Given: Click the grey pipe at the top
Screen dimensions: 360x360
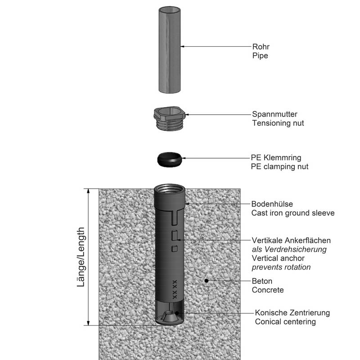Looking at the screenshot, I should [169, 49].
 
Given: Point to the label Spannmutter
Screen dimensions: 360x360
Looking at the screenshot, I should [274, 114].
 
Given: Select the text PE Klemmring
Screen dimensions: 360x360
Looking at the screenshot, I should [276, 157].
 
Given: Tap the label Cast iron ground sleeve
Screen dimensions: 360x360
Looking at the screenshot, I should [293, 213].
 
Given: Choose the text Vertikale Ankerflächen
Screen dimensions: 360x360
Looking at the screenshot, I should [291, 240].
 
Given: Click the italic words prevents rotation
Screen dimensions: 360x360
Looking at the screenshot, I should [281, 267].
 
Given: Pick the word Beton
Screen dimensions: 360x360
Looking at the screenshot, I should [262, 281].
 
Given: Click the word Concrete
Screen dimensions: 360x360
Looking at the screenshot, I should [268, 290].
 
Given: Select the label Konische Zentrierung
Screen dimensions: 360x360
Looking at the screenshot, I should [292, 313].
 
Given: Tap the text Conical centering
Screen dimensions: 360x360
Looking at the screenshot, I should [285, 322].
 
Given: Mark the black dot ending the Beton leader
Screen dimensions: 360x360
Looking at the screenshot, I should [206, 281].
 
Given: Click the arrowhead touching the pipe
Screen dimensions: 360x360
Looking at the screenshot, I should [183, 46].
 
